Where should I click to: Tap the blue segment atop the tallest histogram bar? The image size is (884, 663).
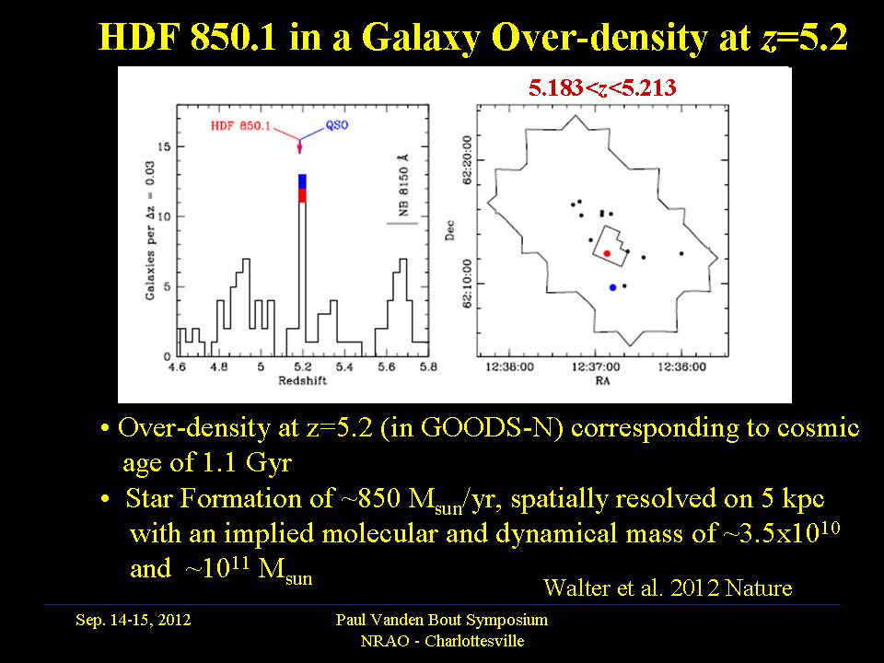tap(302, 181)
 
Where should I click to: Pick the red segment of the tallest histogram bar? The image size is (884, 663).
tap(302, 195)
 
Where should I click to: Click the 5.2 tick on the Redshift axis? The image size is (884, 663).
tap(301, 366)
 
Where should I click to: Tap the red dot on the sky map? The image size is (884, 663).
tap(607, 253)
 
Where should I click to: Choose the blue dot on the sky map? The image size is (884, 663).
tap(612, 288)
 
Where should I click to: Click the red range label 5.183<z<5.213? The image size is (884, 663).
tap(602, 88)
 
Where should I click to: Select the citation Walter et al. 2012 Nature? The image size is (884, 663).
tap(668, 587)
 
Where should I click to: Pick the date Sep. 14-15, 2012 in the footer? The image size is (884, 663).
tap(134, 621)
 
